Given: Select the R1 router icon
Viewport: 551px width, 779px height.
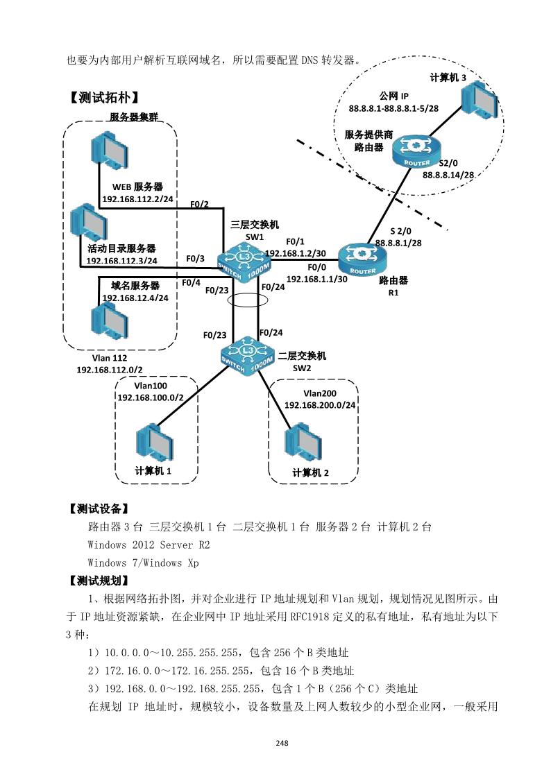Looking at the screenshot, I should (363, 260).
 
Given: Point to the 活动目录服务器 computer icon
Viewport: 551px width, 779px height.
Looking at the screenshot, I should (90, 223).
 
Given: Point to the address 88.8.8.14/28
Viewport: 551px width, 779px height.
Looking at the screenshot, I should (448, 176).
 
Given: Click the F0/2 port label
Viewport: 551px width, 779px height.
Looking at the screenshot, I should (199, 204).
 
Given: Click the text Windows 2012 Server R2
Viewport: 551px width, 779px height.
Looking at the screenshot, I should (149, 545).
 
